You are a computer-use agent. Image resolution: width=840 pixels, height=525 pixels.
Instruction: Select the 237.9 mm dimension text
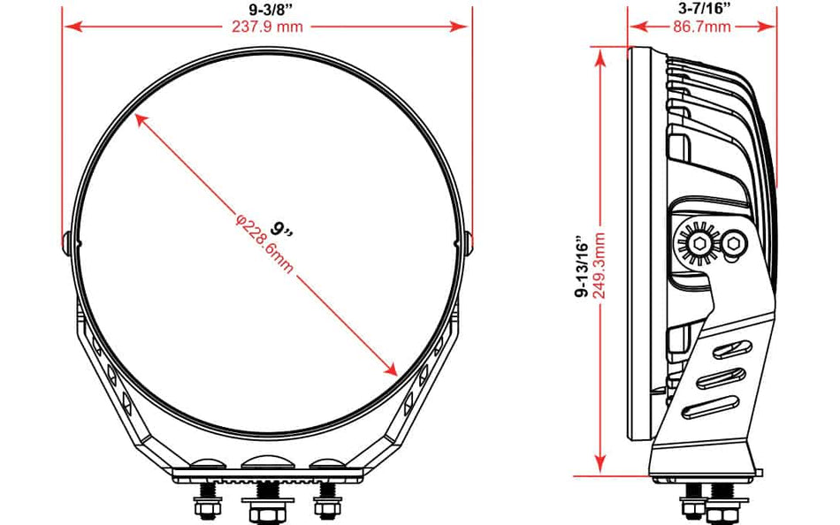coord(267,27)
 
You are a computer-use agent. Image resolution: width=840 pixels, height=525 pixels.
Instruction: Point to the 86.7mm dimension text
coord(702,27)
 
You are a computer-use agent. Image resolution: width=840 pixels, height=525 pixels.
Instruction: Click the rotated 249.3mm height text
coord(599,265)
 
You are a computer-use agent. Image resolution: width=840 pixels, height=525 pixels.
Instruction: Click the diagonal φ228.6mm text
coord(264,244)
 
